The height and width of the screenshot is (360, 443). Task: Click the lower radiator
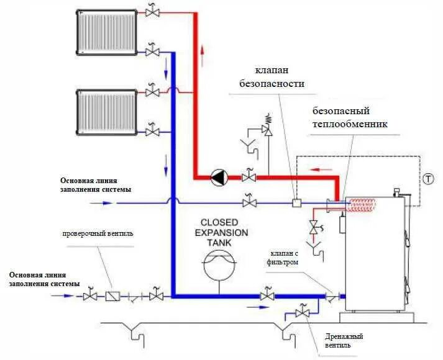click(x=107, y=111)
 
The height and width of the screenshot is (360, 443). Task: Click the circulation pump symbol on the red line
click(x=219, y=178)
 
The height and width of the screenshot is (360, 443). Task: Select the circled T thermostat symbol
click(x=429, y=179)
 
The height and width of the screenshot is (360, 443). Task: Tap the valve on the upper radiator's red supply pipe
click(x=152, y=12)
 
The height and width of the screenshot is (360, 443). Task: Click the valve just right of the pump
click(x=250, y=178)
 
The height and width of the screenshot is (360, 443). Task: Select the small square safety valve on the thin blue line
click(x=296, y=202)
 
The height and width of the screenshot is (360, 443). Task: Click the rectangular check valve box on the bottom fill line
click(x=112, y=297)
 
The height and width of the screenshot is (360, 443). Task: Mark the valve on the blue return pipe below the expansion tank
click(x=267, y=296)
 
